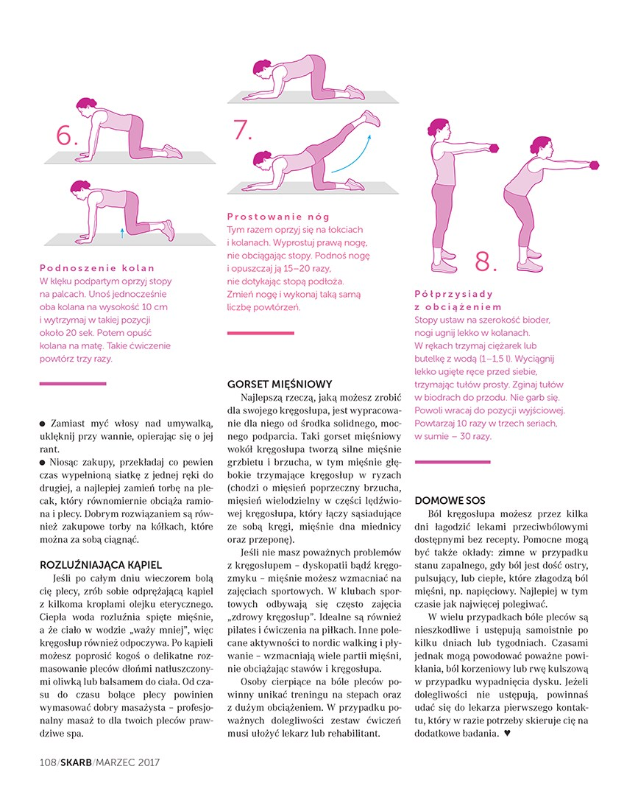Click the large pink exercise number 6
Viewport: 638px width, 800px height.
click(x=66, y=136)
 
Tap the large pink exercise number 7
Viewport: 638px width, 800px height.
click(x=242, y=130)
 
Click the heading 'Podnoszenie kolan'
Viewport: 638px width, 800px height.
click(x=97, y=268)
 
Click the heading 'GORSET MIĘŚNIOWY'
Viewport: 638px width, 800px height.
click(x=280, y=384)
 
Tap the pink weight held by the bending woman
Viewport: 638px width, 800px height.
click(x=595, y=163)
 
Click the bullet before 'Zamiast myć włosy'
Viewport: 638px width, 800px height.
click(x=42, y=424)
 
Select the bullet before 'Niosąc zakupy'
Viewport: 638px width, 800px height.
click(x=42, y=462)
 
